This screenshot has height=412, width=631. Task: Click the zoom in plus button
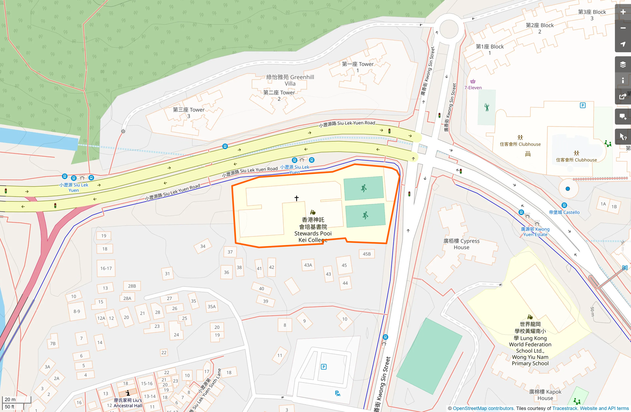pos(623,12)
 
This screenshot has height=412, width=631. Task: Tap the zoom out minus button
pos(623,28)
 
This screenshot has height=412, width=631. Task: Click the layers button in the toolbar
pos(623,64)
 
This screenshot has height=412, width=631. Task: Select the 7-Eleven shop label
pos(473,87)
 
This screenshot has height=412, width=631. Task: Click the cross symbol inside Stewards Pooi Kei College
pos(296,198)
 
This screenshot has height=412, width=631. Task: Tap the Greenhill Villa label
pos(290,80)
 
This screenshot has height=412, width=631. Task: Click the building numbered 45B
pos(367,254)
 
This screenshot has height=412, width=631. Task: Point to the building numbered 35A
pos(212,306)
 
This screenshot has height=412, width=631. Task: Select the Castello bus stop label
pos(564,212)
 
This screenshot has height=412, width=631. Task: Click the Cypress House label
pos(461,244)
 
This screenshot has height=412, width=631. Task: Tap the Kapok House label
pos(545,395)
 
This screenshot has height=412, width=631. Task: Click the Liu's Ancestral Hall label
pos(128,403)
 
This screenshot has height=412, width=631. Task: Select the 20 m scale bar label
pos(10,399)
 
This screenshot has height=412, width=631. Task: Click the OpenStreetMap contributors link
pos(483,408)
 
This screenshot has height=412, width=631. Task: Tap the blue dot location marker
pos(568,189)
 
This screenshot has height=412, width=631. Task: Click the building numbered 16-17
pos(106,268)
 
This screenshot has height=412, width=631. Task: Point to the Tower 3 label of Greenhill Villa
pos(189,113)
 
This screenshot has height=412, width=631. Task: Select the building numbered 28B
pos(132,286)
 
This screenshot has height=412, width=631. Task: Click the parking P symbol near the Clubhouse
pos(583,106)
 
